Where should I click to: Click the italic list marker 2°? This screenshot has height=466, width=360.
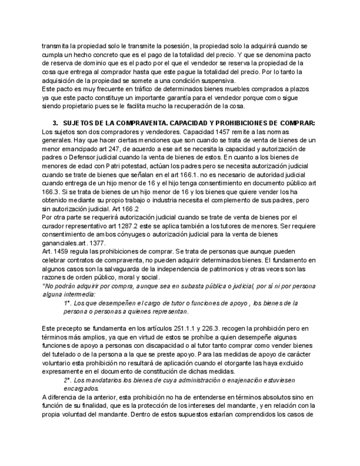(68, 380)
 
